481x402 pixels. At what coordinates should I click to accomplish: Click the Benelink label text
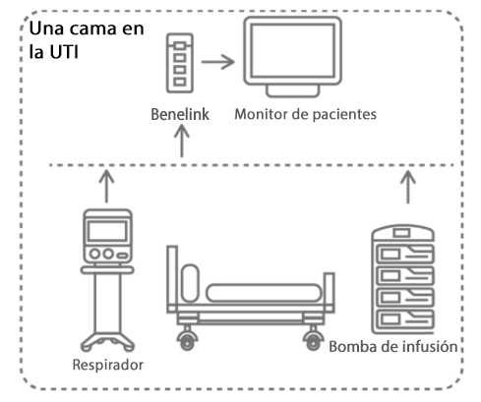pyautogui.click(x=180, y=114)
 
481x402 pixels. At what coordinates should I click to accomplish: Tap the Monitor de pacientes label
pyautogui.click(x=305, y=114)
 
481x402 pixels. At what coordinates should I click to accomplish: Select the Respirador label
pyautogui.click(x=108, y=365)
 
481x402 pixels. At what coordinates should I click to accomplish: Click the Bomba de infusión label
pyautogui.click(x=393, y=347)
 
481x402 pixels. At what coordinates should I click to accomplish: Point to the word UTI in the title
pyautogui.click(x=64, y=52)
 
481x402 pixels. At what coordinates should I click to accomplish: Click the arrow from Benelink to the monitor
pyautogui.click(x=218, y=62)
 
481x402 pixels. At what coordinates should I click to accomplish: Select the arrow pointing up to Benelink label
pyautogui.click(x=182, y=142)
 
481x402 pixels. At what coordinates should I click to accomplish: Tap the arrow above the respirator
pyautogui.click(x=106, y=186)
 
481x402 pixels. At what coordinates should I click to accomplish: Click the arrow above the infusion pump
pyautogui.click(x=408, y=187)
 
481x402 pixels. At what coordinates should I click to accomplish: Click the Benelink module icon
pyautogui.click(x=180, y=63)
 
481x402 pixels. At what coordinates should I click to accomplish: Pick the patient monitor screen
pyautogui.click(x=293, y=50)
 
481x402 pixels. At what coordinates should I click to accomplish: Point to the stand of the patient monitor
pyautogui.click(x=292, y=90)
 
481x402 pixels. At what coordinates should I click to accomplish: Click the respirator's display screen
pyautogui.click(x=107, y=231)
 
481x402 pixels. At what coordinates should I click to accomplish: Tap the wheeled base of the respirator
pyautogui.click(x=107, y=342)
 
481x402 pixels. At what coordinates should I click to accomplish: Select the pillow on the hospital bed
pyautogui.click(x=190, y=283)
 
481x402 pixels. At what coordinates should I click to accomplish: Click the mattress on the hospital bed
pyautogui.click(x=264, y=293)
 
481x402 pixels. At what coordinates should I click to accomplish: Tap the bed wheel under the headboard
pyautogui.click(x=187, y=341)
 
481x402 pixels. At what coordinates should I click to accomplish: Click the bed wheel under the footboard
pyautogui.click(x=313, y=341)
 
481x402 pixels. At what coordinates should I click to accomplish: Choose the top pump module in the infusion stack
pyautogui.click(x=405, y=254)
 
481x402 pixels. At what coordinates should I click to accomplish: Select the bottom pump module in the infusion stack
pyautogui.click(x=405, y=318)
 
